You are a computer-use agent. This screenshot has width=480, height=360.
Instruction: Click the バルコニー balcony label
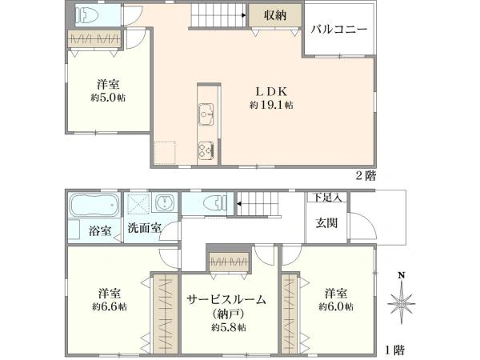pos(339,30)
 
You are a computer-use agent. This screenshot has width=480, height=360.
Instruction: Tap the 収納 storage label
pos(275,14)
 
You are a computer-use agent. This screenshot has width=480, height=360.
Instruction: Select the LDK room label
pos(271,91)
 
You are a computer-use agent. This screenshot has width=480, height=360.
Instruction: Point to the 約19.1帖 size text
pos(271,105)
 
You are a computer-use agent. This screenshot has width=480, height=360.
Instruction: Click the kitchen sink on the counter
pos(206,114)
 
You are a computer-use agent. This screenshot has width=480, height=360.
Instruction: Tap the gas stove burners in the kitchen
pos(206,150)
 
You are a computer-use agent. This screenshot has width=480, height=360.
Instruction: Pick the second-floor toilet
pos(87,15)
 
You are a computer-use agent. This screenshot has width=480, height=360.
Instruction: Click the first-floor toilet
pos(215,202)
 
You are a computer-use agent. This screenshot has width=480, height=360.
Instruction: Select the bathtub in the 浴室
pos(94,205)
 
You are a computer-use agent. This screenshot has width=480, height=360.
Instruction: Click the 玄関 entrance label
pos(326,223)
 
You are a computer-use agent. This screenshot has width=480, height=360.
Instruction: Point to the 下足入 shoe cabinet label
pos(327,198)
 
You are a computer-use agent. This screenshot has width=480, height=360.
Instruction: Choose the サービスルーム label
pos(226,300)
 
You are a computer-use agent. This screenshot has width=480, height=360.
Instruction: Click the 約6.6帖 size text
pos(110,307)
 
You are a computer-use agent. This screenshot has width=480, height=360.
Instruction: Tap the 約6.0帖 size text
pos(336,306)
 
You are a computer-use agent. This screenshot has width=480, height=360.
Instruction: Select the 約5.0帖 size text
pos(108,98)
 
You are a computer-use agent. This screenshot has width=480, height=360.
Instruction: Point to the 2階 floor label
pos(366,176)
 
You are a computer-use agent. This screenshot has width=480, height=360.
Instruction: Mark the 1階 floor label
pos(394,350)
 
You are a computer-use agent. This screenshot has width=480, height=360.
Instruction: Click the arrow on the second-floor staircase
pos(244,15)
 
